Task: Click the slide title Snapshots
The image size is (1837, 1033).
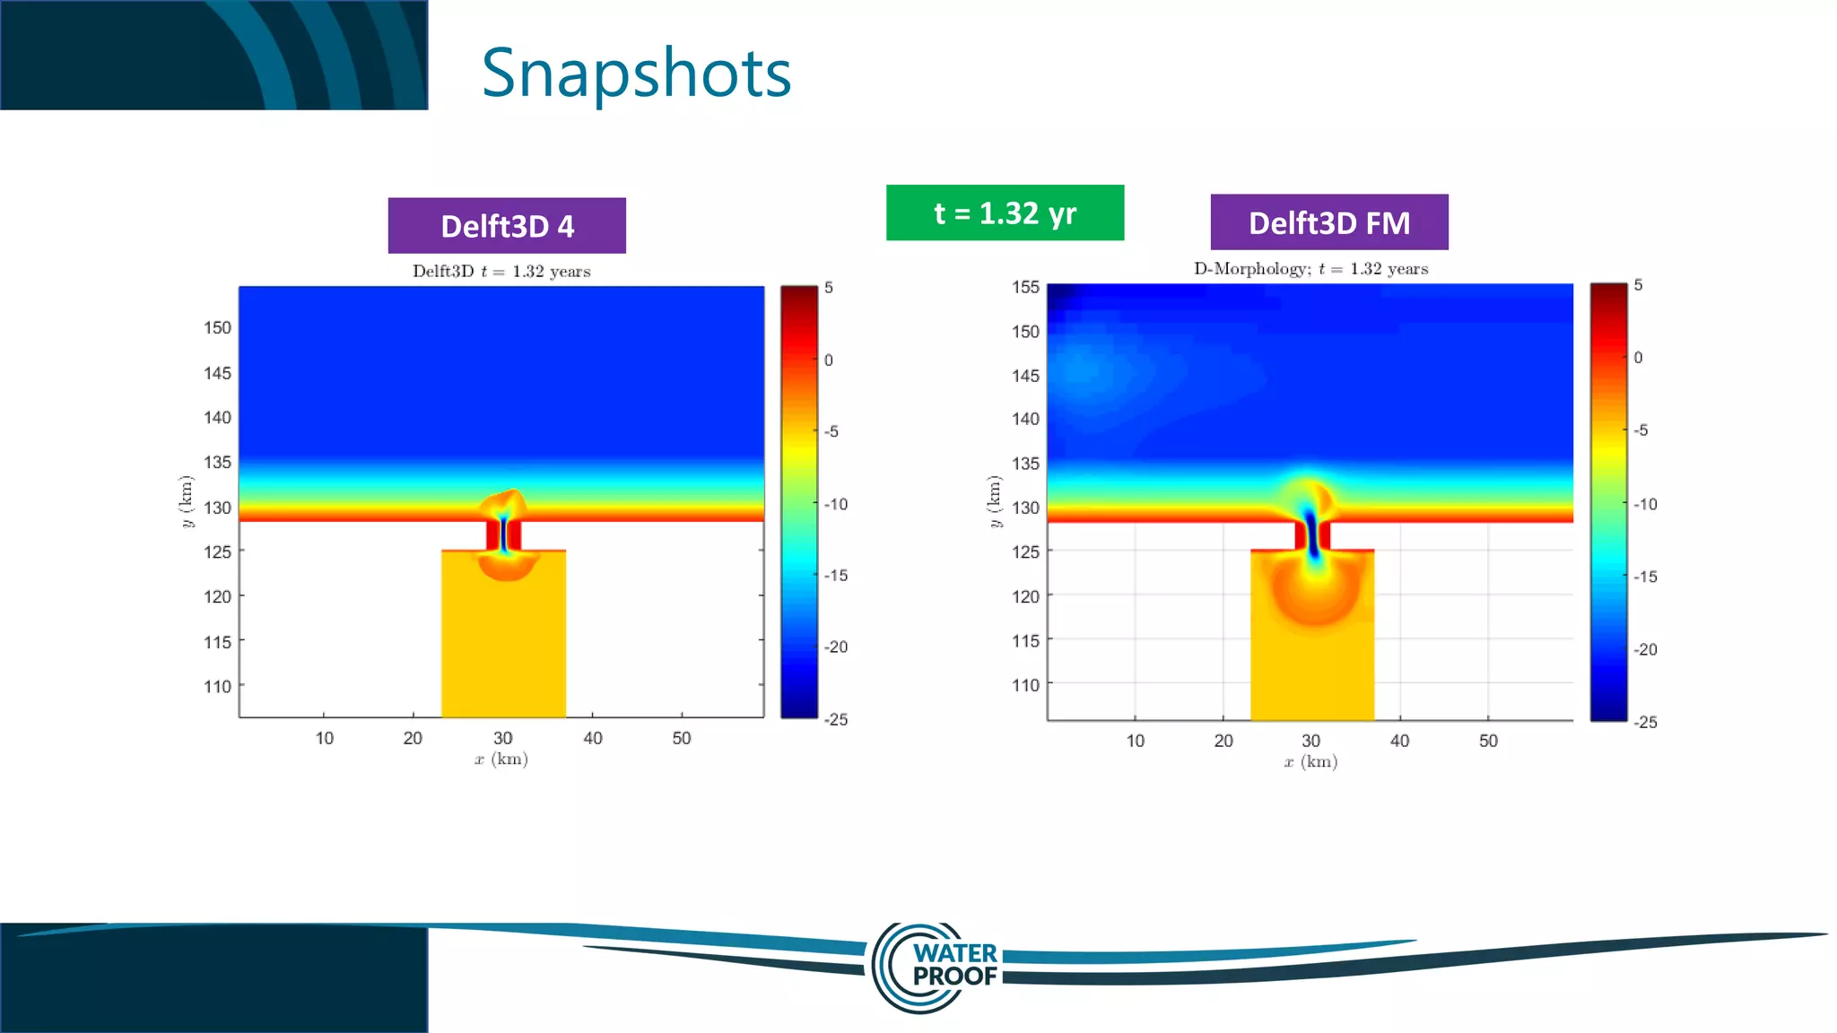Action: pos(636,74)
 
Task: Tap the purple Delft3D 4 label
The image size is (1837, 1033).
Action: pos(507,226)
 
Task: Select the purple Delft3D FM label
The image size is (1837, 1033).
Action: pos(1328,222)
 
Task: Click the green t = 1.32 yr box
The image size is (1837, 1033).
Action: pos(1005,213)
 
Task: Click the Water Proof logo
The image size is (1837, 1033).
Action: pos(937,966)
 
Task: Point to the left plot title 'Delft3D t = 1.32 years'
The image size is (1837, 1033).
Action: pos(501,272)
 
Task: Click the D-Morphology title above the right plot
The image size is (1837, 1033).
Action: pos(1310,269)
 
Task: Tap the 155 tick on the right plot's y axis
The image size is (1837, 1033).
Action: pos(1025,288)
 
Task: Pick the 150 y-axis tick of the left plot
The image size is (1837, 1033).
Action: pos(217,328)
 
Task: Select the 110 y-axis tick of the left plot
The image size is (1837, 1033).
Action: pos(217,687)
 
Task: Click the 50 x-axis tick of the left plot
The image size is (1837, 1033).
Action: pos(682,739)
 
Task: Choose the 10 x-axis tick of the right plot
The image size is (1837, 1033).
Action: pos(1136,742)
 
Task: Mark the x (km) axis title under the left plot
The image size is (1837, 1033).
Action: pos(501,760)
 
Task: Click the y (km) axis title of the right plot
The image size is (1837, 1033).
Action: pos(994,501)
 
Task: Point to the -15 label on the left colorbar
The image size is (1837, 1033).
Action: pos(836,576)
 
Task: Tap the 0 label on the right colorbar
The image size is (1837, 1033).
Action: pos(1638,358)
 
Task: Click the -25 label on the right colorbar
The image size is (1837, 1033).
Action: pos(1645,723)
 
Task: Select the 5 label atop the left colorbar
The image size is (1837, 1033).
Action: pos(829,288)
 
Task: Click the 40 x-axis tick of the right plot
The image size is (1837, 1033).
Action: pos(1399,742)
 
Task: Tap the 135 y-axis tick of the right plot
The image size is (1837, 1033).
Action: pos(1025,464)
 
